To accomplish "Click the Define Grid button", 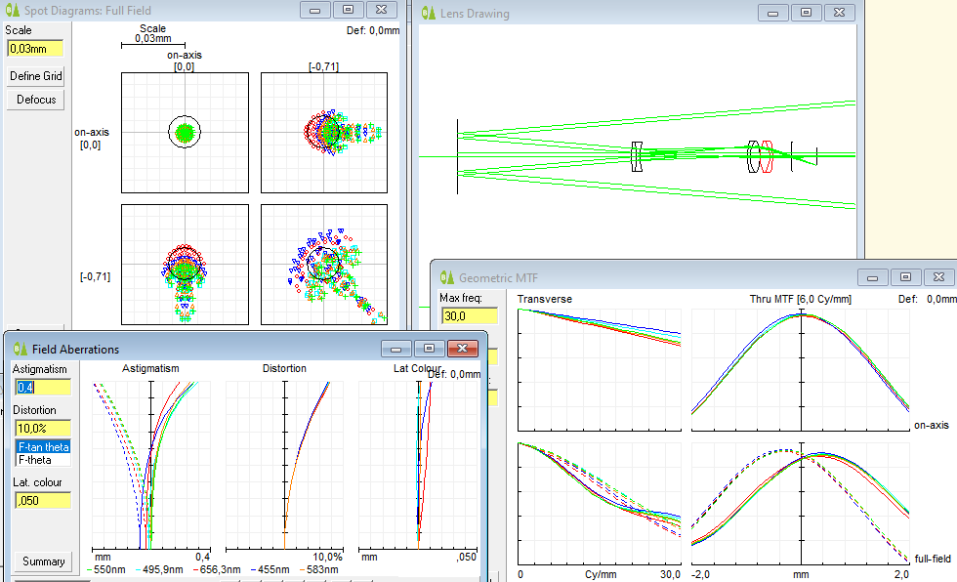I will tap(37, 76).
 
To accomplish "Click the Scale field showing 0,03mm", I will tap(34, 49).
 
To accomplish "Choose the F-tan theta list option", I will tap(43, 447).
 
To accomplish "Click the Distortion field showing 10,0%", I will tap(43, 428).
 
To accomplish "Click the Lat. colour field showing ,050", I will tap(43, 500).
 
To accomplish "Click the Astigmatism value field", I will tap(43, 388).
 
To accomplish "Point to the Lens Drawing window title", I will tap(475, 14).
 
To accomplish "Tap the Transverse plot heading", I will tap(545, 299).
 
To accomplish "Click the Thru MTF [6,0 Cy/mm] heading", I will tap(797, 299).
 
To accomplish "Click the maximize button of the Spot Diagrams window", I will tap(347, 10).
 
